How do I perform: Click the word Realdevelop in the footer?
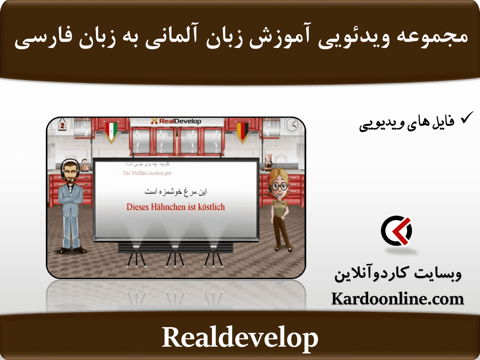[x=240, y=338]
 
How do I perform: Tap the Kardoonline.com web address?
[x=397, y=299]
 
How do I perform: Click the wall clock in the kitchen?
[x=291, y=126]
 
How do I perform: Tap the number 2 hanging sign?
[x=63, y=126]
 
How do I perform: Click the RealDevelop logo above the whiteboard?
[x=176, y=121]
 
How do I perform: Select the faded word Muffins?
[x=141, y=173]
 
